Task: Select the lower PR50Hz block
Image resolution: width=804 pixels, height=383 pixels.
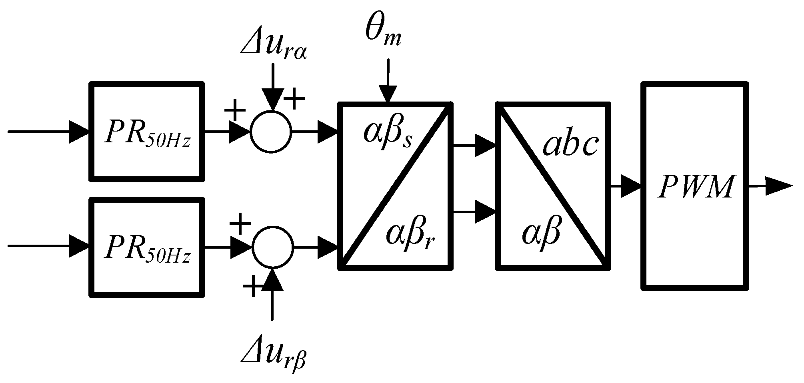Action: (x=146, y=247)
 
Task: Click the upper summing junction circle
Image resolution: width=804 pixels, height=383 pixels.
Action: (x=271, y=131)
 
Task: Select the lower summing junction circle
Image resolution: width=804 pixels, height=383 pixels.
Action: (x=272, y=247)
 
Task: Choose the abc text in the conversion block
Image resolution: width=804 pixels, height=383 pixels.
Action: (x=570, y=145)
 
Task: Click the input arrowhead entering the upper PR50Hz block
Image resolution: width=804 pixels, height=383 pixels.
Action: (x=79, y=131)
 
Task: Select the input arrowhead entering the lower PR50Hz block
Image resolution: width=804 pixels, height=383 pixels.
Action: (x=79, y=246)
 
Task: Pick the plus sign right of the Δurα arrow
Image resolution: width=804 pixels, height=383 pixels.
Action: (x=294, y=98)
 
